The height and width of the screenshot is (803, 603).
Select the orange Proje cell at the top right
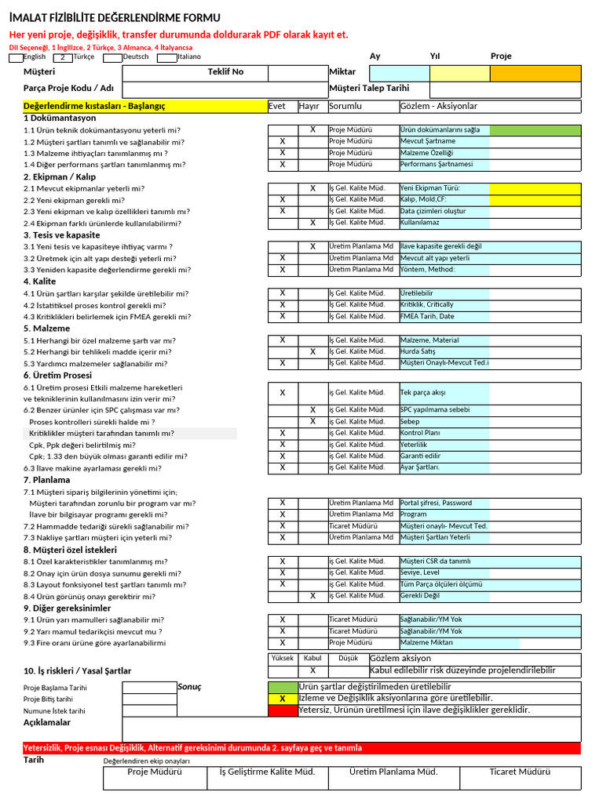click(535, 73)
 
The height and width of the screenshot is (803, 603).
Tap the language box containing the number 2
click(63, 57)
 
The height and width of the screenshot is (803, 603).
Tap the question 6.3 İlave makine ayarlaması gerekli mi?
click(92, 468)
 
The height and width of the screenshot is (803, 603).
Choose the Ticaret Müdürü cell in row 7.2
click(353, 526)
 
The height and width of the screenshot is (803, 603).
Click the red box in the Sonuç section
click(283, 710)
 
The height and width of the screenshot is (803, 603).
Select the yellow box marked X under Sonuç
click(283, 699)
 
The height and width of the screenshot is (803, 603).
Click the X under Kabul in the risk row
click(312, 670)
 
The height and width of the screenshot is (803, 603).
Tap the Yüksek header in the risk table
click(283, 659)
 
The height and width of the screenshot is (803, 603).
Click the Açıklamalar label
click(46, 722)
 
